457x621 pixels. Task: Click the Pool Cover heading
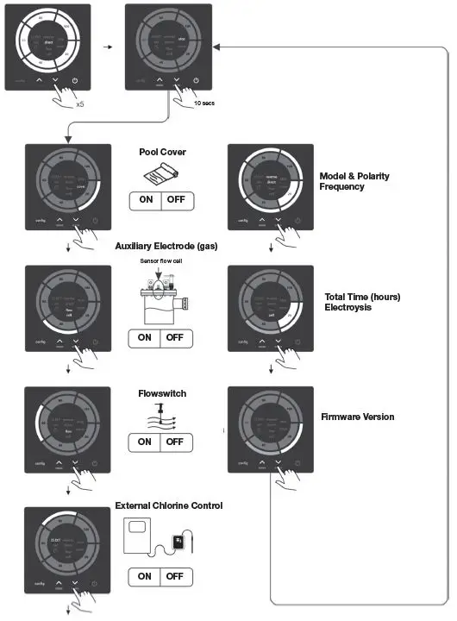tap(162, 152)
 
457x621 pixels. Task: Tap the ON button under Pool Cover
tap(145, 202)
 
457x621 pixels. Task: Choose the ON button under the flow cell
tap(145, 337)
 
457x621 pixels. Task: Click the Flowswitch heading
tap(162, 393)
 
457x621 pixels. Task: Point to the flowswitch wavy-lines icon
tap(161, 417)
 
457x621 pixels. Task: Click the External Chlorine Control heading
tap(169, 505)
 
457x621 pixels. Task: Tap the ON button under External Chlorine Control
tap(145, 576)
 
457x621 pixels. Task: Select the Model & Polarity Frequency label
tap(354, 181)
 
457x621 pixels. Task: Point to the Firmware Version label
tap(357, 417)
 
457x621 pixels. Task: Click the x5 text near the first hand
tap(79, 103)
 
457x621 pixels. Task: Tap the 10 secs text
tap(203, 102)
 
